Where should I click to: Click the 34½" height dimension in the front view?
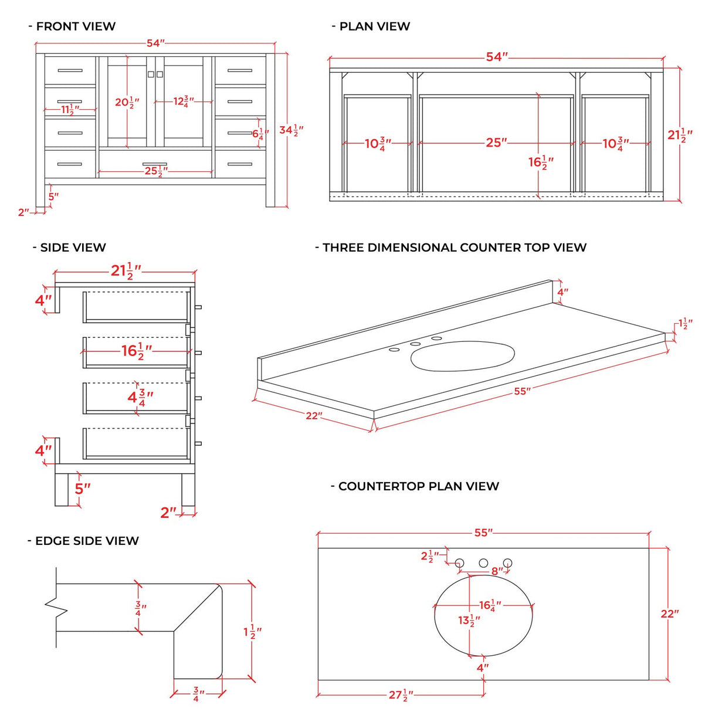[x=291, y=130]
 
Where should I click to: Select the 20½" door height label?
[x=127, y=103]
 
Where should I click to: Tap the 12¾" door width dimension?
[x=183, y=101]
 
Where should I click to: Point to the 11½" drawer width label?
[x=70, y=110]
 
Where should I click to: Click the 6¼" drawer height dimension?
[x=260, y=134]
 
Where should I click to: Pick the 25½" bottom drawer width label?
[x=156, y=171]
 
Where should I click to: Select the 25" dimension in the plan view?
[x=496, y=143]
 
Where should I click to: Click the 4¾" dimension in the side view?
[x=140, y=397]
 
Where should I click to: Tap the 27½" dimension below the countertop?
[x=401, y=695]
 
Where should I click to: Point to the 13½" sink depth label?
[x=469, y=620]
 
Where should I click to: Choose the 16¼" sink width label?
[x=490, y=605]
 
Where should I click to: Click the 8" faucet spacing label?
[x=497, y=571]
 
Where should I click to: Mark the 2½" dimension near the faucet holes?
[x=429, y=556]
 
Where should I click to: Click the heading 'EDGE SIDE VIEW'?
[x=86, y=541]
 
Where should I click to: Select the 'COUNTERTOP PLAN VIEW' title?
[x=418, y=486]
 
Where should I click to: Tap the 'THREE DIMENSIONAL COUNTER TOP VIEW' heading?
[x=454, y=247]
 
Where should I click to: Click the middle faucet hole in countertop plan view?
[x=483, y=563]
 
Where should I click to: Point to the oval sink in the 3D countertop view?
[x=462, y=356]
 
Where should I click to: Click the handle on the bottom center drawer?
[x=155, y=164]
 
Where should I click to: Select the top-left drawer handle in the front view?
[x=70, y=70]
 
